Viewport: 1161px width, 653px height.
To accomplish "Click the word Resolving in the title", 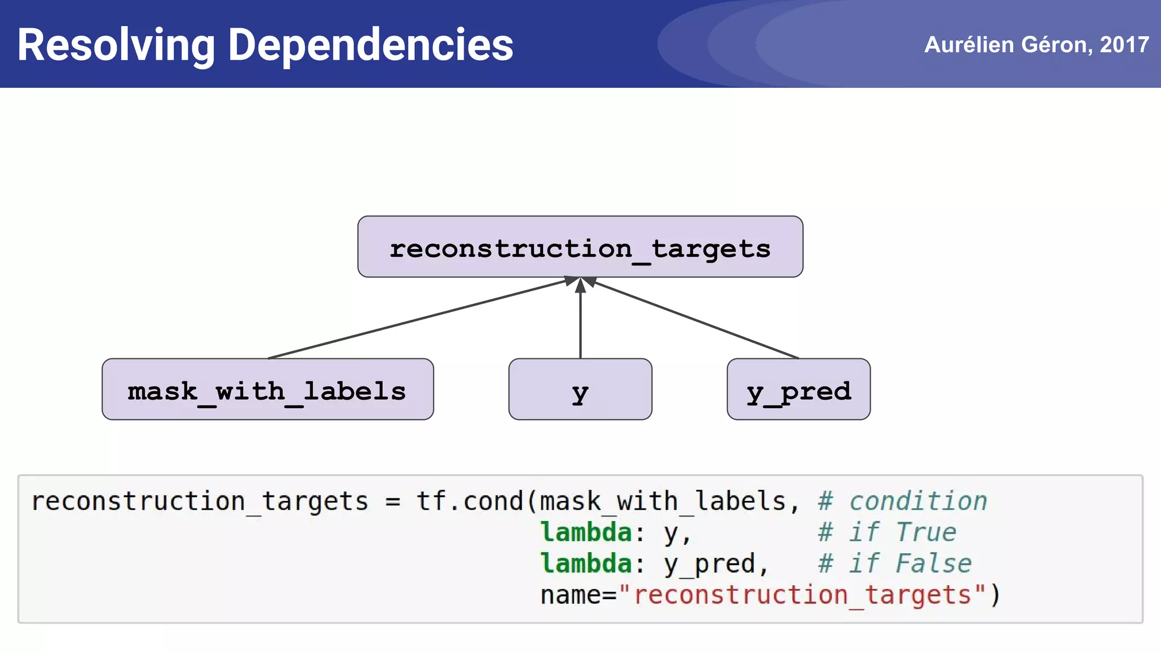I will tap(116, 45).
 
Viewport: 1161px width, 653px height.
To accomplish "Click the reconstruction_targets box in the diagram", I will tap(580, 247).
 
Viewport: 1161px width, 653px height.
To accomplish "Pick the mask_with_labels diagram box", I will tap(267, 390).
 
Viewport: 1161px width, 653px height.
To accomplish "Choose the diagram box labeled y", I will tap(580, 390).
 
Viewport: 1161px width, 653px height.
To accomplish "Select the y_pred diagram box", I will tap(798, 390).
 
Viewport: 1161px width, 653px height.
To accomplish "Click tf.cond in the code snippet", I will tap(469, 501).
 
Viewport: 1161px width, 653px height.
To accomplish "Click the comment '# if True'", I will tap(887, 532).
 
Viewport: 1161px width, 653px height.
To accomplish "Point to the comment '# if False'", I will tap(895, 563).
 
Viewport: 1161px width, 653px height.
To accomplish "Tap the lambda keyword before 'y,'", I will tap(586, 532).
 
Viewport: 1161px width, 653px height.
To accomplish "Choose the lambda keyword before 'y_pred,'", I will tap(586, 563).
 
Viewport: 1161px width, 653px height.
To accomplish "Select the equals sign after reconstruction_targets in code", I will tap(392, 502).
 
